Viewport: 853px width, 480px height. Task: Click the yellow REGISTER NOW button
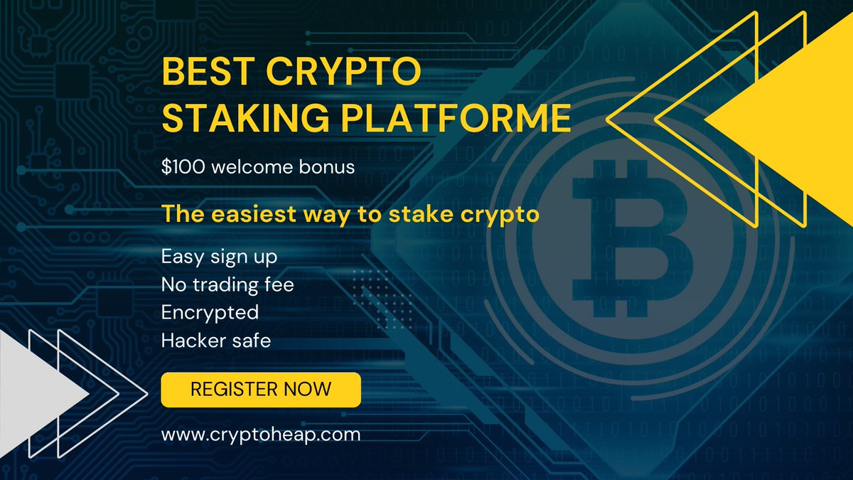pyautogui.click(x=261, y=389)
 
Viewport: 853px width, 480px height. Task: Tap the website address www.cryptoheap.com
pyautogui.click(x=261, y=434)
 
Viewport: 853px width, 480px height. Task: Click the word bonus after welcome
pyautogui.click(x=326, y=168)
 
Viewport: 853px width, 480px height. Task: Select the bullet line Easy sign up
pyautogui.click(x=219, y=257)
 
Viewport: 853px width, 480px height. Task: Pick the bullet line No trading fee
pyautogui.click(x=227, y=285)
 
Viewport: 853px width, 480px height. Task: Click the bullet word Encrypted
pyautogui.click(x=210, y=312)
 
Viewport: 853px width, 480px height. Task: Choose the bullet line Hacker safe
pyautogui.click(x=216, y=341)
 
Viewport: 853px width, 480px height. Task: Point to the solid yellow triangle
pyautogui.click(x=789, y=121)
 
